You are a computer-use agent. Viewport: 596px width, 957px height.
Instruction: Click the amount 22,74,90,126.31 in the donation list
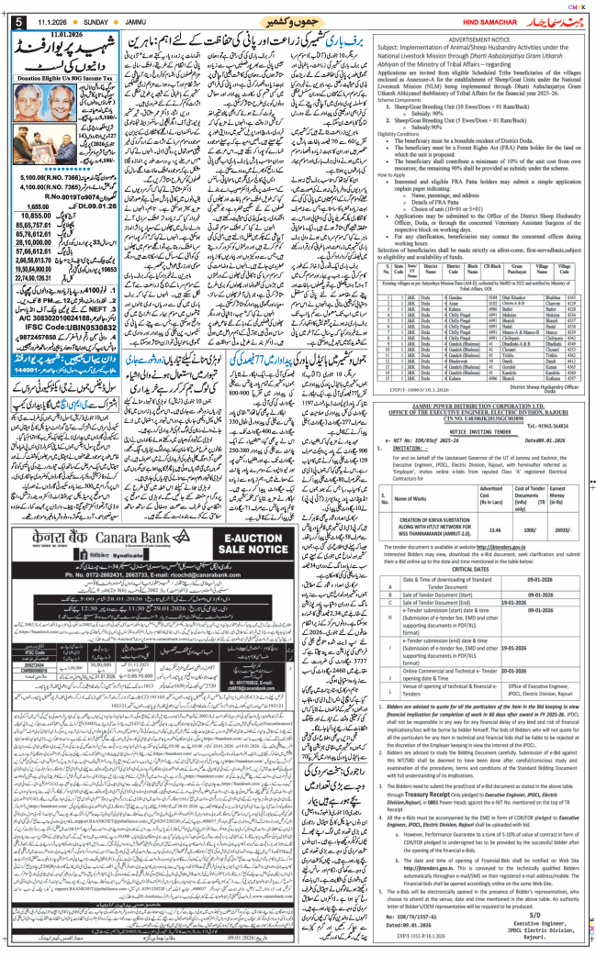pos(32,276)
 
